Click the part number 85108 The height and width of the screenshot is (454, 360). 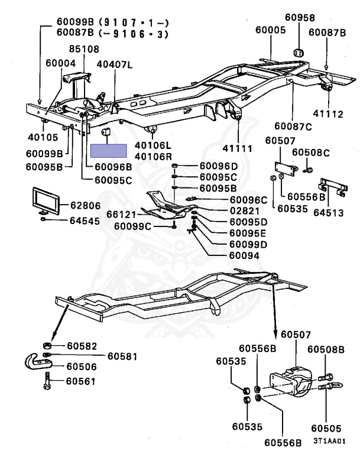pyautogui.click(x=84, y=49)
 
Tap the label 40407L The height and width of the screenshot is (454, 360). pyautogui.click(x=115, y=64)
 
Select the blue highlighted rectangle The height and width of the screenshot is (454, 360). pyautogui.click(x=109, y=151)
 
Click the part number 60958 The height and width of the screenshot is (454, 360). pyautogui.click(x=300, y=17)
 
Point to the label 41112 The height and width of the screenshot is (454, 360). pyautogui.click(x=328, y=113)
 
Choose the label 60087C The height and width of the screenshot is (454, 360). pyautogui.click(x=293, y=127)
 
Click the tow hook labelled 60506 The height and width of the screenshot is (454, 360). pyautogui.click(x=38, y=361)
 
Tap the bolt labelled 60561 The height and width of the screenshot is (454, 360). pyautogui.click(x=47, y=381)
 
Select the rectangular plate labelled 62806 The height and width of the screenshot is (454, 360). pyautogui.click(x=46, y=201)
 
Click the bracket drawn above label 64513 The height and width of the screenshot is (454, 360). pyautogui.click(x=333, y=187)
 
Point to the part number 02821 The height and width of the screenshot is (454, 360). pyautogui.click(x=245, y=211)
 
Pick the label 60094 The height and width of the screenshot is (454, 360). pyautogui.click(x=244, y=255)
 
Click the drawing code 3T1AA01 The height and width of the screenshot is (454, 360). pyautogui.click(x=330, y=441)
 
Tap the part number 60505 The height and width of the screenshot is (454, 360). pyautogui.click(x=326, y=428)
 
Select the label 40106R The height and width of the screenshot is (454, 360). pyautogui.click(x=153, y=157)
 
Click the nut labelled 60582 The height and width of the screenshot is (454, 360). pyautogui.click(x=47, y=345)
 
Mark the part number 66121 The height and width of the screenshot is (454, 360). pyautogui.click(x=121, y=215)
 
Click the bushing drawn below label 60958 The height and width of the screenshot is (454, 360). pyautogui.click(x=299, y=53)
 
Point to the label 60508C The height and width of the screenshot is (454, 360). pyautogui.click(x=311, y=153)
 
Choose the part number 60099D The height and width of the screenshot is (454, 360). pyautogui.click(x=248, y=245)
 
